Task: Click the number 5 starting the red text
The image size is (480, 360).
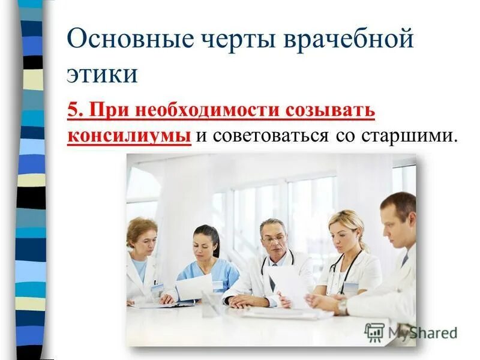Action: click(73, 111)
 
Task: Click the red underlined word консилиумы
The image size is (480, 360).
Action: click(128, 135)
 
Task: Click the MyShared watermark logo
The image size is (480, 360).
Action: click(410, 332)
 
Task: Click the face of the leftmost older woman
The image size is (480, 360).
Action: click(143, 241)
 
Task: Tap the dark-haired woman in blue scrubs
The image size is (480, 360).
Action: click(207, 264)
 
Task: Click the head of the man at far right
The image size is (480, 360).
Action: click(398, 219)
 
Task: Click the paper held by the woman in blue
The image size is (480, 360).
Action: click(193, 287)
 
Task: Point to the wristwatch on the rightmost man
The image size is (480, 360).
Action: click(342, 305)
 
